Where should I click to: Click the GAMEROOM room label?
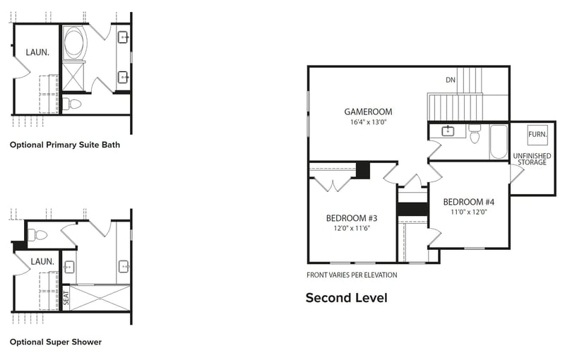pyautogui.click(x=368, y=112)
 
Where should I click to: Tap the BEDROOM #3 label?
pyautogui.click(x=351, y=217)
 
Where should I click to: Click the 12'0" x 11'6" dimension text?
pyautogui.click(x=351, y=228)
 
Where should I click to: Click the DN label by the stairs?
pyautogui.click(x=450, y=80)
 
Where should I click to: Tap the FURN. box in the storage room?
pyautogui.click(x=537, y=134)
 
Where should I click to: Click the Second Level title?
pyautogui.click(x=346, y=298)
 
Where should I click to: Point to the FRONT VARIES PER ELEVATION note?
pyautogui.click(x=352, y=275)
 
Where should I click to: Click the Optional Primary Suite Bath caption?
pyautogui.click(x=65, y=145)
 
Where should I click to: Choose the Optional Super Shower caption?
pyautogui.click(x=56, y=342)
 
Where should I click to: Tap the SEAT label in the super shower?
pyautogui.click(x=66, y=298)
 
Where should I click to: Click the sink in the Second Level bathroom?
pyautogui.click(x=448, y=131)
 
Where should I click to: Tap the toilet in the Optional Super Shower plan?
pyautogui.click(x=38, y=234)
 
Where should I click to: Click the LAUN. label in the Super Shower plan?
pyautogui.click(x=42, y=261)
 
